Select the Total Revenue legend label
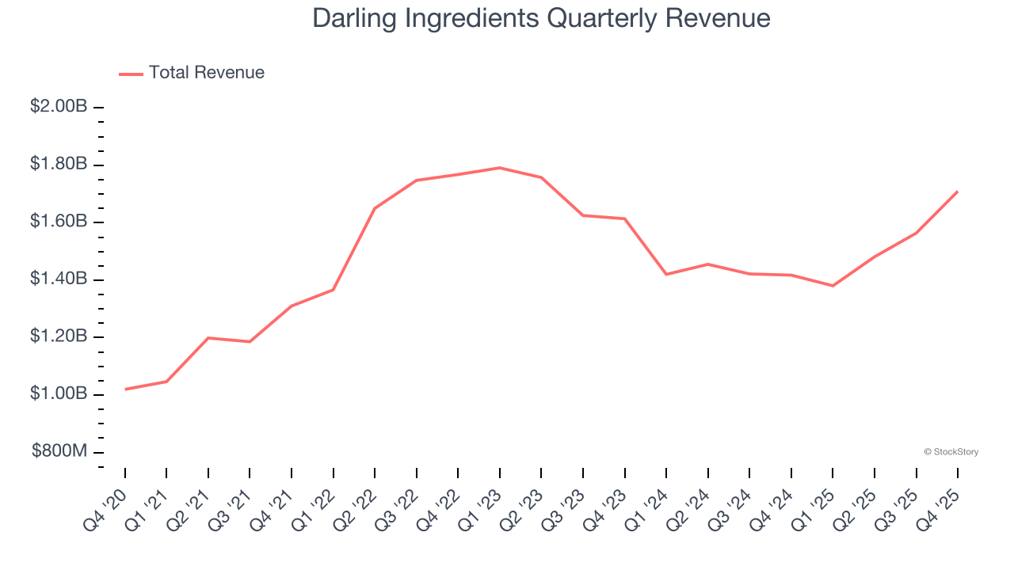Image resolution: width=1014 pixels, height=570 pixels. coord(207,73)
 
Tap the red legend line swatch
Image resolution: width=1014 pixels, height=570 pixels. coord(131,74)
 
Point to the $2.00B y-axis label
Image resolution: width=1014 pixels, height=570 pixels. coord(59,107)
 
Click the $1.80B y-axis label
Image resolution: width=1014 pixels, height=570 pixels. coord(59,165)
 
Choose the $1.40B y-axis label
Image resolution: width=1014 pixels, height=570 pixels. coord(59,279)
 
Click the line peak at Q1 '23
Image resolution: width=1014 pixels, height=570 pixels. coord(500,168)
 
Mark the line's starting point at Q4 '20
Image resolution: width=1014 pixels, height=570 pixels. coord(125,389)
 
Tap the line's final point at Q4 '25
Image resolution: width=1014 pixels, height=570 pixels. coord(958,192)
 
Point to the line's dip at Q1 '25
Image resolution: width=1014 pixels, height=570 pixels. coord(833,286)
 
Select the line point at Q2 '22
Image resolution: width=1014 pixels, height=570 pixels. coord(375,208)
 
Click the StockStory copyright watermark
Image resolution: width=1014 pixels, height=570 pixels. coord(951,452)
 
